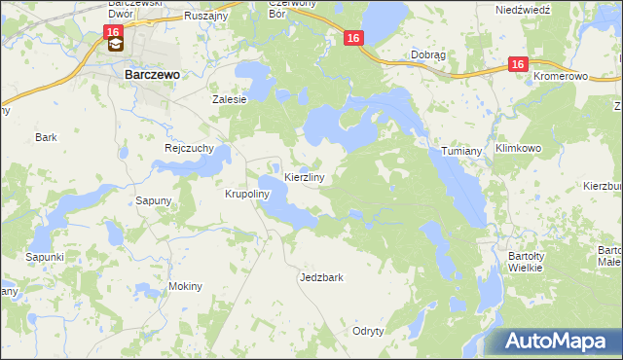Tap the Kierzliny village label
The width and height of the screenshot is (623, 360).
311,178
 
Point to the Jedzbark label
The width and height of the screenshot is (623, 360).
321,277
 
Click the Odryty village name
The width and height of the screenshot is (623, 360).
369,331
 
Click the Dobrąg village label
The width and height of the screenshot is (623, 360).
429,55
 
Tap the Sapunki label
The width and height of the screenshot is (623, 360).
45,257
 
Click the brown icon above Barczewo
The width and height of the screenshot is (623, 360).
115,44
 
